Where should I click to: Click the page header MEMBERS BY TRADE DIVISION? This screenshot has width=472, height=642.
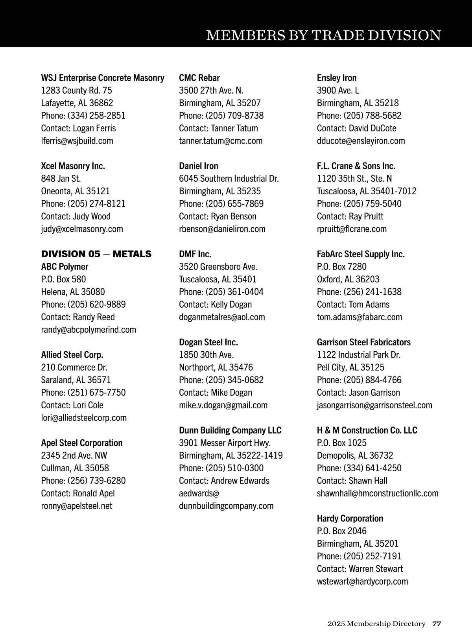[323, 35]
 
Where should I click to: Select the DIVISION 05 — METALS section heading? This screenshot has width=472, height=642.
[96, 254]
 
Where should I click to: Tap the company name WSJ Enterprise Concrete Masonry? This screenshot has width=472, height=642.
[103, 78]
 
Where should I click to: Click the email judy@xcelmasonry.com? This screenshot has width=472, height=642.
[82, 229]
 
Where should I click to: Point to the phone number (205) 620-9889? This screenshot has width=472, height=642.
[96, 304]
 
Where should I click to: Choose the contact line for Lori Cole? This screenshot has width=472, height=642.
[72, 405]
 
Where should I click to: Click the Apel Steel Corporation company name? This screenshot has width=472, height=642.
[82, 443]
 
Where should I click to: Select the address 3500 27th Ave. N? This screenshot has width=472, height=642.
[211, 90]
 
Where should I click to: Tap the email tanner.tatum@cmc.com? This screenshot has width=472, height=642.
[220, 141]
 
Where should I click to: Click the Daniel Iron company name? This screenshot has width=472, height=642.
[198, 166]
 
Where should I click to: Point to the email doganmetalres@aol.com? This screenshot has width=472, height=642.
[222, 317]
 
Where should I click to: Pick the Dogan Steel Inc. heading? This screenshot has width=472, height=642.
[208, 342]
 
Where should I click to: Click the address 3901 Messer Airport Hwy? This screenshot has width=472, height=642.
[225, 443]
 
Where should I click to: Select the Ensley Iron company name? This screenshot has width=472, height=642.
[337, 78]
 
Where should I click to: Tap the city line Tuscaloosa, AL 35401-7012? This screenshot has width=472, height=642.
[367, 191]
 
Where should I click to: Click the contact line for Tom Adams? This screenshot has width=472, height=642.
[353, 304]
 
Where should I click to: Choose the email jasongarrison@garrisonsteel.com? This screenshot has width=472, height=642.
[374, 405]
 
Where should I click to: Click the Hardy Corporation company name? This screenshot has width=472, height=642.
[350, 518]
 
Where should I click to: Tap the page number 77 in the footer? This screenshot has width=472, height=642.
[437, 624]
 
